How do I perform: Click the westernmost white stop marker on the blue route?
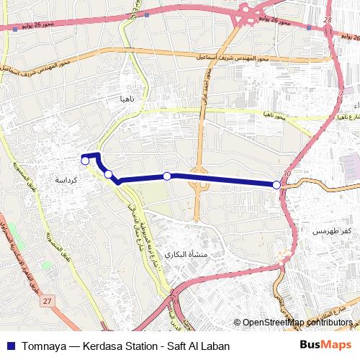pos(85,161)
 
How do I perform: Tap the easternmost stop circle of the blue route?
pos(276,185)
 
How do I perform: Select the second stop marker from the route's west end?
pos(108,174)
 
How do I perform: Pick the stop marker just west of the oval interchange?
pos(167,176)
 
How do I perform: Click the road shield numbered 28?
pos(328,21)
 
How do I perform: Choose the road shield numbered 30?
pos(288,174)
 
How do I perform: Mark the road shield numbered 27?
pos(48,300)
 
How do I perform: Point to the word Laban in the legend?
pos(213,346)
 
